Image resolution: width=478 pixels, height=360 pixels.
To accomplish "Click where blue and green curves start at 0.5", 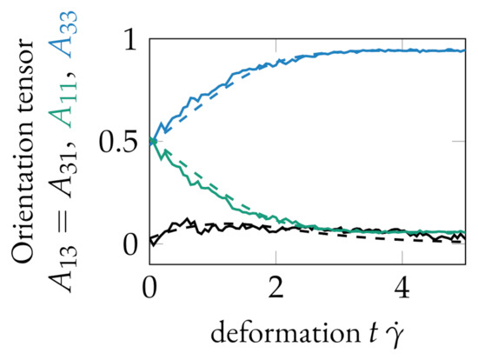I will tap(151, 141).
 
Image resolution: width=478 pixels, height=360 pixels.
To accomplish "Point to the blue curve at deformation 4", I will tap(402, 51).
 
